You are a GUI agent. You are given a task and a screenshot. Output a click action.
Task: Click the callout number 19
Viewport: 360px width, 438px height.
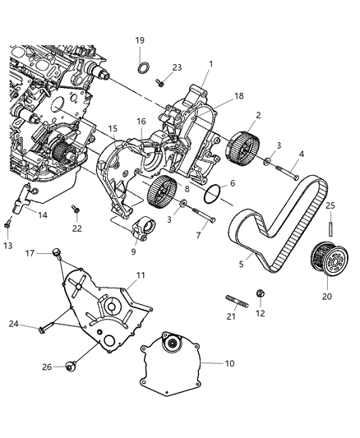[140, 40]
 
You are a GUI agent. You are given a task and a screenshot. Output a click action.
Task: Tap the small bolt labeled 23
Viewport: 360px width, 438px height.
[161, 82]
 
